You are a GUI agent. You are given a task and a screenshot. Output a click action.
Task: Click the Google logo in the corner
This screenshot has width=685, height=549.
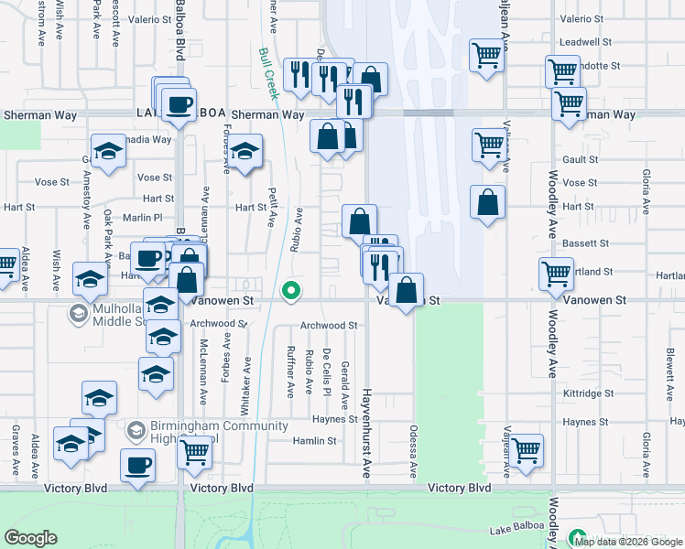click(x=30, y=538)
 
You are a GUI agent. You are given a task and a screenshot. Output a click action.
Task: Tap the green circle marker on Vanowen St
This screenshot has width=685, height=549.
click(x=291, y=292)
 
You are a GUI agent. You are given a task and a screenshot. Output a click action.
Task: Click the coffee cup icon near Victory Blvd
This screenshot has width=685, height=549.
click(x=138, y=464)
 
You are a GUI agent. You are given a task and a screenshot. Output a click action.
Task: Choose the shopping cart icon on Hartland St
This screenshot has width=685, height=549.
click(x=556, y=273)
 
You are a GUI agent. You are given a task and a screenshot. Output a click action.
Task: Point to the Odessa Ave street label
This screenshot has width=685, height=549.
click(x=414, y=451)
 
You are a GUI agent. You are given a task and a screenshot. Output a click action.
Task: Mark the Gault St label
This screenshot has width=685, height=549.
click(x=581, y=159)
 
